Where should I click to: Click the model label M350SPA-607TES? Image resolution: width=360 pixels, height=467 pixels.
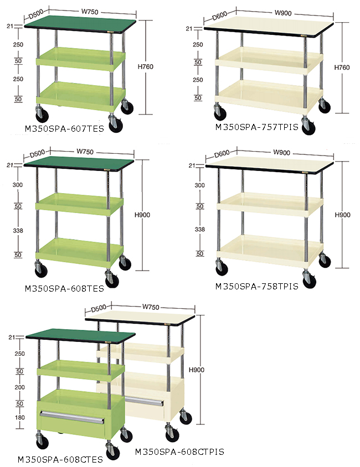coord(64,129)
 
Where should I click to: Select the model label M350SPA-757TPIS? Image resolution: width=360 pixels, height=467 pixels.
coord(256,127)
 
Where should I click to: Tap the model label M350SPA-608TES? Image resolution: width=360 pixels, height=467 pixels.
coord(64,289)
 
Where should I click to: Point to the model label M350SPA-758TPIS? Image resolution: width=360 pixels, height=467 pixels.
coord(256,287)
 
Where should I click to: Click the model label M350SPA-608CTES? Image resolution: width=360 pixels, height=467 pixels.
coord(60,460)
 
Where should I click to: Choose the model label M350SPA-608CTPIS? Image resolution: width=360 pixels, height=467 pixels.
coord(179,452)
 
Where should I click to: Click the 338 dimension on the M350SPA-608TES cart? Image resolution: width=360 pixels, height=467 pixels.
coord(18,231)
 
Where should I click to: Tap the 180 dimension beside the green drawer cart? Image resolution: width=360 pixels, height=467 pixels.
coord(20,418)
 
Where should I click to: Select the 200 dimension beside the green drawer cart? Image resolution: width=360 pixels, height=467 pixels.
coord(20,387)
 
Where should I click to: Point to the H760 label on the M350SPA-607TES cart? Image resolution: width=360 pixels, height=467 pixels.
coord(146,67)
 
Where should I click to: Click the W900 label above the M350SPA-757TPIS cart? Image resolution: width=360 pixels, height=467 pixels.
coord(283,13)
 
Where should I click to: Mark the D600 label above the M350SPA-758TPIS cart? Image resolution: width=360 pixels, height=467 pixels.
coord(222,154)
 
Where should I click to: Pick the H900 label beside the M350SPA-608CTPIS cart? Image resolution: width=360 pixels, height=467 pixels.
coord(197,370)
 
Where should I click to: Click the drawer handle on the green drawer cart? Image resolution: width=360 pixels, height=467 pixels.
coord(72,417)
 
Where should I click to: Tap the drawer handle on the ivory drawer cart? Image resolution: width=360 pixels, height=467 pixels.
coord(144,401)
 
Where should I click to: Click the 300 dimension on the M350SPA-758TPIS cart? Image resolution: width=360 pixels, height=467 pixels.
coord(200,185)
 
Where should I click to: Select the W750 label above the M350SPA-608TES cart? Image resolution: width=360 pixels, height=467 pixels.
coord(85,152)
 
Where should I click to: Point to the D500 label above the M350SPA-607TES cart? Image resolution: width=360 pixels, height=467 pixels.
coord(36,14)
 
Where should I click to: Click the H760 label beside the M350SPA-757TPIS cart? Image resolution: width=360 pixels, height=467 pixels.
coord(342,68)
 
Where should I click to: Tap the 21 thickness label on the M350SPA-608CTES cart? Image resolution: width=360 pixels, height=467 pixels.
coord(12,338)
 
